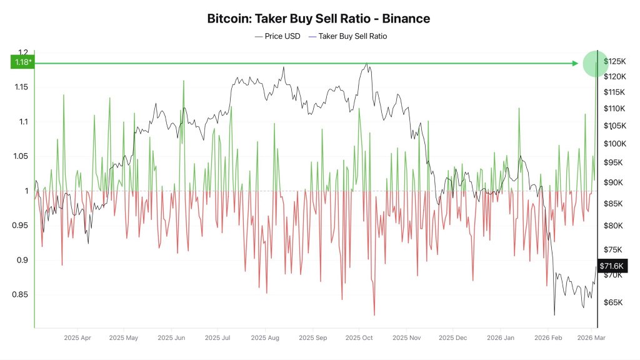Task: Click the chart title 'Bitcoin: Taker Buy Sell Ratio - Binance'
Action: click(x=319, y=19)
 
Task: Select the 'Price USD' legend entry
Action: click(x=277, y=36)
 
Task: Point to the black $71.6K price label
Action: click(x=611, y=266)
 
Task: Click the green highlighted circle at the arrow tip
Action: click(x=595, y=63)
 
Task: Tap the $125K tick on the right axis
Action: click(x=614, y=61)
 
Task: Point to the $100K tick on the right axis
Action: click(x=614, y=144)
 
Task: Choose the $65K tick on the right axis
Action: click(x=613, y=302)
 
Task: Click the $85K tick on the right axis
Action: click(x=613, y=204)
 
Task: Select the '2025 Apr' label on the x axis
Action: click(x=77, y=338)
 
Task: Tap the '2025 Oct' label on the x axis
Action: click(x=359, y=338)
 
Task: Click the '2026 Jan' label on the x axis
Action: click(x=501, y=338)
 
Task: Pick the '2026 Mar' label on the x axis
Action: click(x=591, y=338)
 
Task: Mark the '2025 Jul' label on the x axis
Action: click(x=217, y=338)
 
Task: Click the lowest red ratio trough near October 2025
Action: click(x=374, y=315)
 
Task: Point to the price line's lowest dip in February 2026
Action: click(x=554, y=315)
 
